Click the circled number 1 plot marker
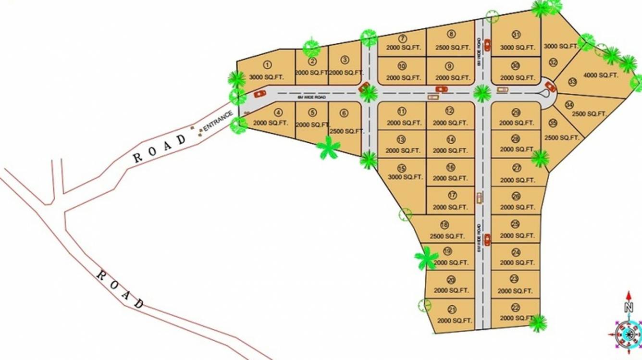click(268, 65)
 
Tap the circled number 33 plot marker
click(572, 82)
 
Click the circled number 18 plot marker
click(444, 225)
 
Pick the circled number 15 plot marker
click(402, 168)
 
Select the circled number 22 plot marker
click(516, 308)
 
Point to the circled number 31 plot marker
click(516, 35)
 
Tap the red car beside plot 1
click(259, 93)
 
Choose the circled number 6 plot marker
click(344, 113)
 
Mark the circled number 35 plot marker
click(553, 124)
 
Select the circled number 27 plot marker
click(517, 168)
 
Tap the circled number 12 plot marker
click(449, 111)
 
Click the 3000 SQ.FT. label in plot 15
click(404, 177)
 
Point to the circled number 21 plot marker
click(452, 309)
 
